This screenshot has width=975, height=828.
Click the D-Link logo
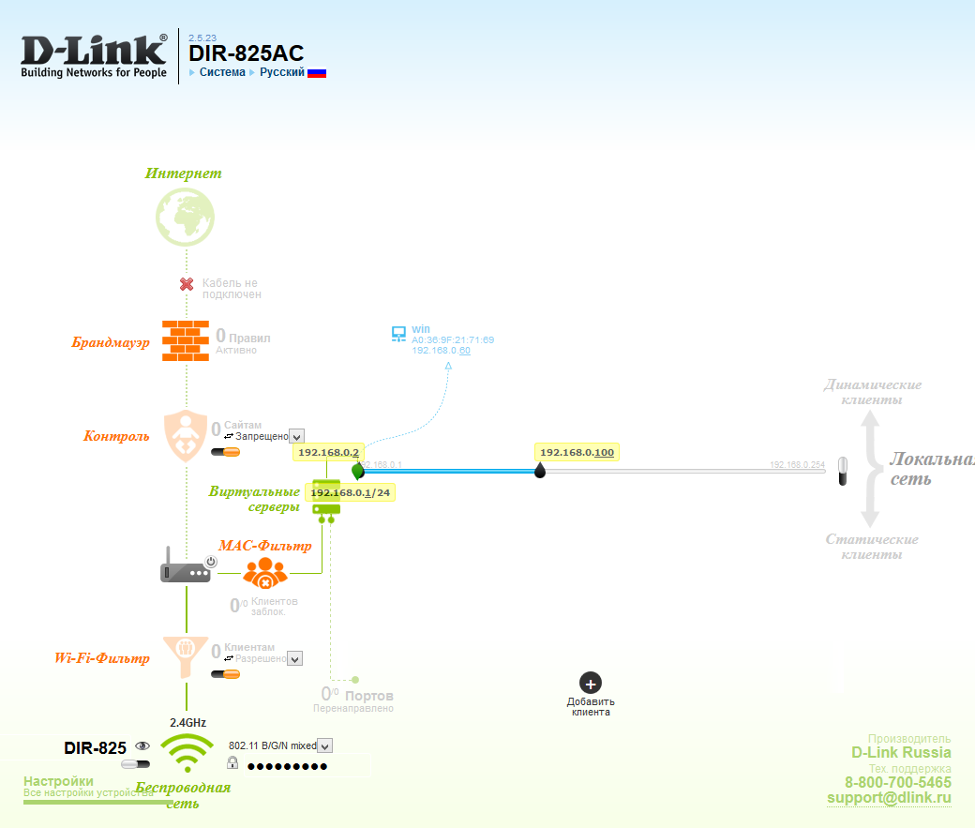(94, 56)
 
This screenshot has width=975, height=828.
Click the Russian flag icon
(317, 72)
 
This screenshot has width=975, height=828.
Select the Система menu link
(222, 72)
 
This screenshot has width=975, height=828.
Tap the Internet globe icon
(186, 217)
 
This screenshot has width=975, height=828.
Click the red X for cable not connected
(187, 283)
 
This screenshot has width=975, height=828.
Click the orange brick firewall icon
(186, 340)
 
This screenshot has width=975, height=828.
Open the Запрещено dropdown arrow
(297, 436)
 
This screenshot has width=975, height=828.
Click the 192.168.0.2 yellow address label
(328, 452)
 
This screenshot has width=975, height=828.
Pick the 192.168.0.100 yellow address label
(577, 452)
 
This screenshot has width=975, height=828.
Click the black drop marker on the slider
(540, 471)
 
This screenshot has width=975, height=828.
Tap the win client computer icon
(398, 334)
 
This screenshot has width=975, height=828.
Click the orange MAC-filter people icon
(265, 573)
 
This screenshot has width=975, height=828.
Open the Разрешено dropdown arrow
(295, 659)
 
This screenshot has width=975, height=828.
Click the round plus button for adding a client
(591, 684)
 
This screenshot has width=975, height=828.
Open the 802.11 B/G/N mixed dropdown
(325, 745)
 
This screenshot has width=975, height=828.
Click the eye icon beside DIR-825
(142, 745)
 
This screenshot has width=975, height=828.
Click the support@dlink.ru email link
(889, 798)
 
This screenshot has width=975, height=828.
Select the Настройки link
(58, 781)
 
